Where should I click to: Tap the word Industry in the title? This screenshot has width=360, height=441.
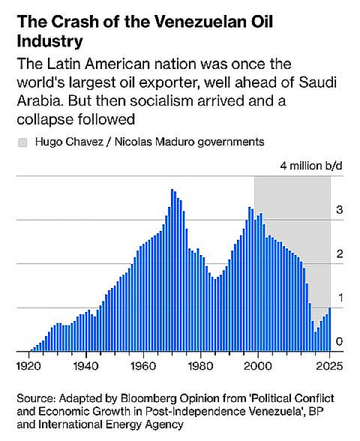coord(50,43)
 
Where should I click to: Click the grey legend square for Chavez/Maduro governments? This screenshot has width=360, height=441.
coord(23,142)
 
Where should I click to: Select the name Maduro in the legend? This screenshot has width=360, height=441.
coord(166,142)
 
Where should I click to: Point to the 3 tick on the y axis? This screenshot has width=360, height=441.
coord(339,210)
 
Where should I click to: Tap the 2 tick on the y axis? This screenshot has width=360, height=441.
coord(339,254)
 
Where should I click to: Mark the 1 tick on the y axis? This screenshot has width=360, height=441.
coord(339,298)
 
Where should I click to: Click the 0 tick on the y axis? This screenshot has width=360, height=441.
coord(339,341)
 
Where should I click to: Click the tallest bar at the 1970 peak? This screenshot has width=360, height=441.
coord(172,270)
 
